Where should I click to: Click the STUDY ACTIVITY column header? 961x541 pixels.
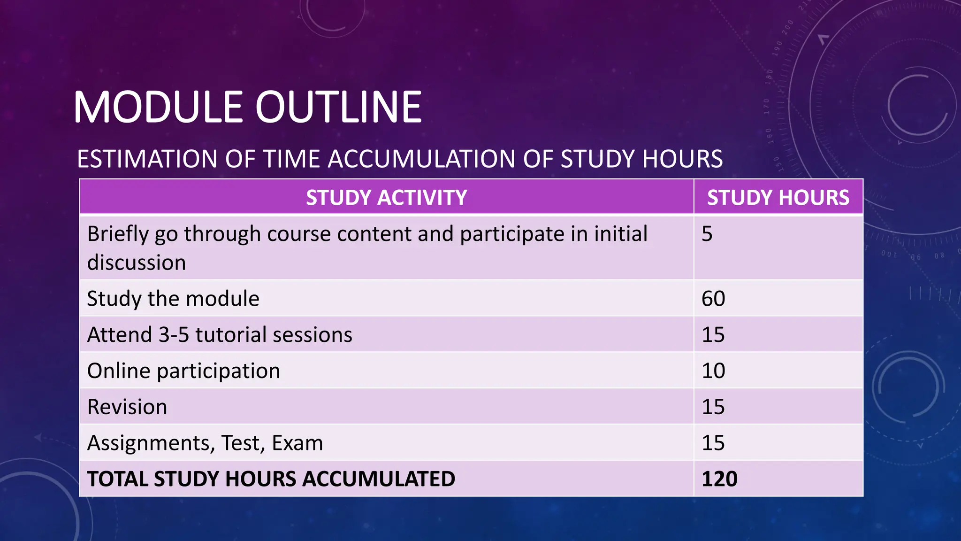tap(386, 197)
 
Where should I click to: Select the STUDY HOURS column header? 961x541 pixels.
tap(778, 197)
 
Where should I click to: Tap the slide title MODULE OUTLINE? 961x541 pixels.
tap(247, 108)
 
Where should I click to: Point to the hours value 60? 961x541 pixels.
tap(713, 299)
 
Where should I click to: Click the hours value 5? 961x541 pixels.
tap(707, 234)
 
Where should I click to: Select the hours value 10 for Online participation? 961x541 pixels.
tap(713, 371)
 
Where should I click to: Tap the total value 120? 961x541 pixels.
tap(719, 479)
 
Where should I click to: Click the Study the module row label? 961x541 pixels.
tap(173, 299)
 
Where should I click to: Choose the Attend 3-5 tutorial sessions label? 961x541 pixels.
tap(220, 335)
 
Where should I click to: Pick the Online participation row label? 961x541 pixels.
tap(183, 371)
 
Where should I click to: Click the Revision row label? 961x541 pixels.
tap(127, 407)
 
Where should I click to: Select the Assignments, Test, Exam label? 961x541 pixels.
tap(205, 443)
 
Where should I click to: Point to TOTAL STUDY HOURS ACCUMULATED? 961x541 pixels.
tap(271, 479)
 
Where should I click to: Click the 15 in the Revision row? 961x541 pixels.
tap(713, 407)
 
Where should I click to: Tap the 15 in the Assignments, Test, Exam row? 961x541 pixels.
tap(713, 443)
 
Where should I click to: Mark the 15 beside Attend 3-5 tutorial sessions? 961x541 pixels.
tap(713, 335)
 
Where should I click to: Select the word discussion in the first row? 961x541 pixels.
tap(137, 263)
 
